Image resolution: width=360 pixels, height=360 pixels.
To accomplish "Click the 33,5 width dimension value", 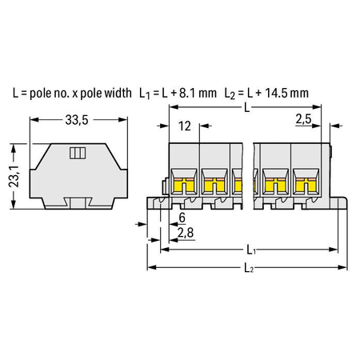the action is click(x=77, y=120).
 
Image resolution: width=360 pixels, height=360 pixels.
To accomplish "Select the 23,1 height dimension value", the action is click(x=15, y=176).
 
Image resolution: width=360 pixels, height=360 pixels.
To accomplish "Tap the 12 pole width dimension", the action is click(x=185, y=126).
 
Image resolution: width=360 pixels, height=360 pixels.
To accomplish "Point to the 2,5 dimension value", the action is click(x=303, y=118).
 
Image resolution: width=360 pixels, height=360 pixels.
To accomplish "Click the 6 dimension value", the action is click(x=182, y=218).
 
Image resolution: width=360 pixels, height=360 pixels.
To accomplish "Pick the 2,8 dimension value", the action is click(x=186, y=233).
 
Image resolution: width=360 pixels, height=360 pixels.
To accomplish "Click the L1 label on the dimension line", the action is click(x=251, y=250).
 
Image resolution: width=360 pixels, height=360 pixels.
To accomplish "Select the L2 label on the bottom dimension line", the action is click(x=249, y=268).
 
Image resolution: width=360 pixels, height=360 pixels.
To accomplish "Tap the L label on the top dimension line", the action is click(x=247, y=107).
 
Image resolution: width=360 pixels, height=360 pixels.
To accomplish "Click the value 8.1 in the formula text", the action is click(x=186, y=93).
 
